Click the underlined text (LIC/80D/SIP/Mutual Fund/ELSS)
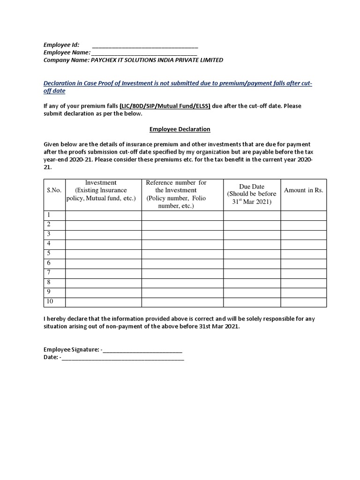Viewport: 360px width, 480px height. click(x=165, y=106)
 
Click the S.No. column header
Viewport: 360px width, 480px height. click(x=54, y=190)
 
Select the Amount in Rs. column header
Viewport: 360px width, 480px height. click(x=303, y=190)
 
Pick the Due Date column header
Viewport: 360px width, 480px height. click(x=252, y=194)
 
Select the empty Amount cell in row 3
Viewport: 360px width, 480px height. click(x=303, y=234)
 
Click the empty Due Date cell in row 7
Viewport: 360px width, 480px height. click(x=252, y=273)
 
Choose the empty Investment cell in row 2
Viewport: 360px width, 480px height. click(x=103, y=225)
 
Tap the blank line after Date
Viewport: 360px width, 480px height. click(x=122, y=357)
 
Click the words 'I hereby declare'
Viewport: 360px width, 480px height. click(x=66, y=319)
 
